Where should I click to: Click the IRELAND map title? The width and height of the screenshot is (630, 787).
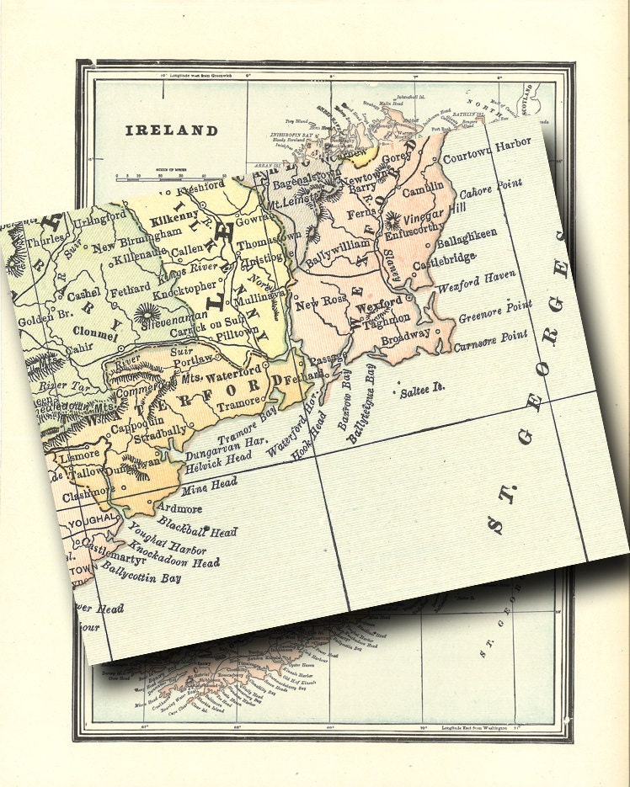pyautogui.click(x=172, y=130)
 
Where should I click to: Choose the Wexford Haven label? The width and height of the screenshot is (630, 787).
pyautogui.click(x=476, y=282)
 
